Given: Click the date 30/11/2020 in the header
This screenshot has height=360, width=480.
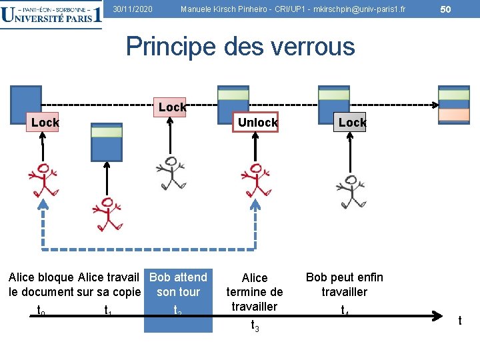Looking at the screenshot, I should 132,9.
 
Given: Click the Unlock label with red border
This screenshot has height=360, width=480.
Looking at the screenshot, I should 257,123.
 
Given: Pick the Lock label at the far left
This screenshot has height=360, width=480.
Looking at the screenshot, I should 45,123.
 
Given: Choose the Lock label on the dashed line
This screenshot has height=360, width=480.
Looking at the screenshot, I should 172,107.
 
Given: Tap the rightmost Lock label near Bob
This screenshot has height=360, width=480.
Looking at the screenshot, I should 352,123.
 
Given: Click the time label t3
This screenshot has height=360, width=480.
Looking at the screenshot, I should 255,325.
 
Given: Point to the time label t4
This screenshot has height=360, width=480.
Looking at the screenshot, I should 345,310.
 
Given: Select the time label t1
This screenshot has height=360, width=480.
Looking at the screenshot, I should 107,310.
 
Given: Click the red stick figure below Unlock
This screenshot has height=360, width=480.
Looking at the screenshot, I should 256,180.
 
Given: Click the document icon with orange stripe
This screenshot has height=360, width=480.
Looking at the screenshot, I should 453,105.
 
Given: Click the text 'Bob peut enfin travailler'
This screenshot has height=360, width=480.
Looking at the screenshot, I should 344,285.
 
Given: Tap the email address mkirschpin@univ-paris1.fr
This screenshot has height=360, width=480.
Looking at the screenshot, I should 359,9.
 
